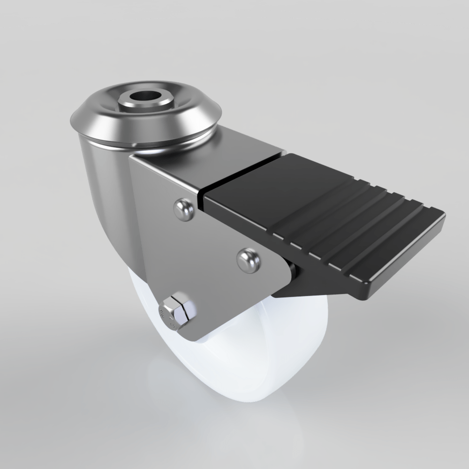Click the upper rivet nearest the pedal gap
point(183,209)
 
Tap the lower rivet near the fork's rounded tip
point(248,260)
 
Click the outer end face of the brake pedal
point(408,263)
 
